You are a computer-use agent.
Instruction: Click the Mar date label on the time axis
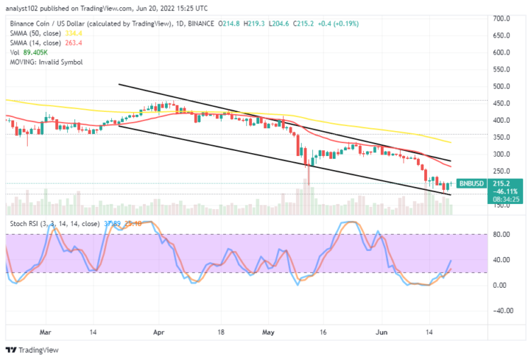pyautogui.click(x=46, y=331)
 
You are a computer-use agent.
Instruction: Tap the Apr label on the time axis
pyautogui.click(x=158, y=331)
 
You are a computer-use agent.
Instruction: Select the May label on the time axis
pyautogui.click(x=267, y=331)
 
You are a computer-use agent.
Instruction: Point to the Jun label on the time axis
pyautogui.click(x=381, y=331)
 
